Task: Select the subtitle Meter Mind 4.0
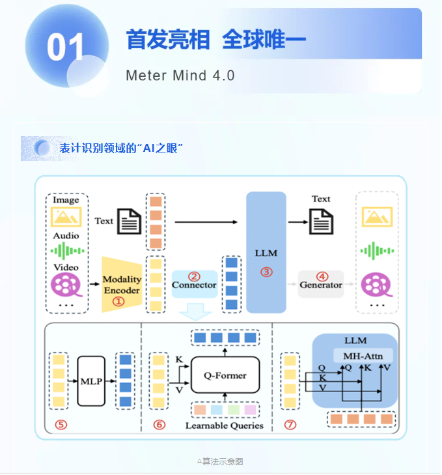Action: (180, 75)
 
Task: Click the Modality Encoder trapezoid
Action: (122, 284)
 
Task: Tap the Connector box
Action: (194, 285)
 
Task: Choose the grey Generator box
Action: (320, 285)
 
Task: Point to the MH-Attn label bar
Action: (363, 356)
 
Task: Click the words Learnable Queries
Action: (225, 425)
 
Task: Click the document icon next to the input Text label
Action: (129, 222)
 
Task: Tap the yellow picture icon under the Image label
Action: (66, 217)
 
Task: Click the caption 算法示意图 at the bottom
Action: (221, 461)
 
